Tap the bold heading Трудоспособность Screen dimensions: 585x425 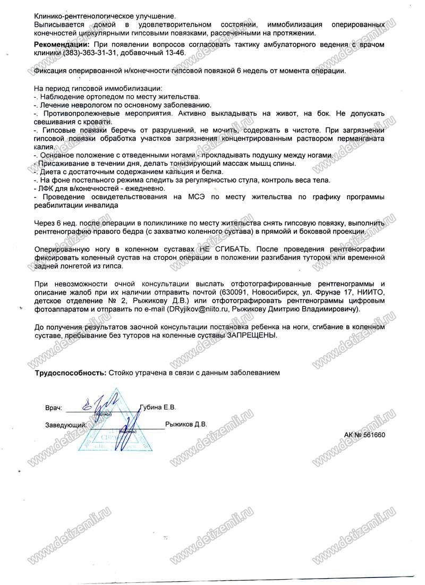(x=70, y=373)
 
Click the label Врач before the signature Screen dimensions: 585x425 (x=54, y=408)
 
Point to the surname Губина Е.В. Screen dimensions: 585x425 (x=158, y=407)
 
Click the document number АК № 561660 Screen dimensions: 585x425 (x=364, y=435)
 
